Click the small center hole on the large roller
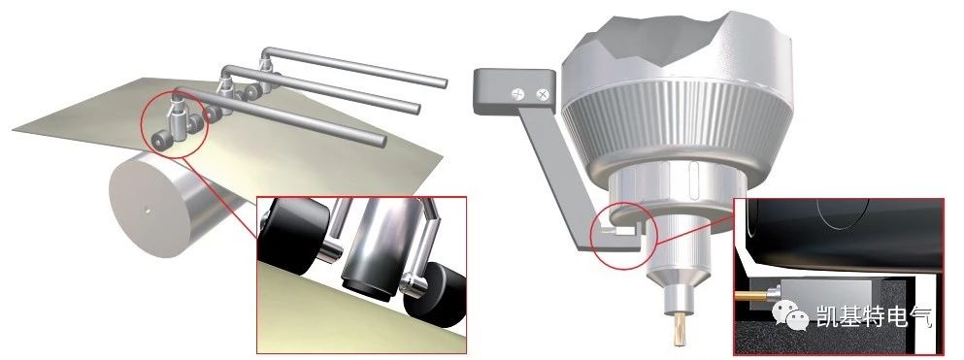click(x=148, y=210)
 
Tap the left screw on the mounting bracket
click(x=518, y=94)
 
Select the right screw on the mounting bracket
click(x=543, y=94)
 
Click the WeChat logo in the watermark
click(x=790, y=315)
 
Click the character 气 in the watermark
click(x=920, y=315)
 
